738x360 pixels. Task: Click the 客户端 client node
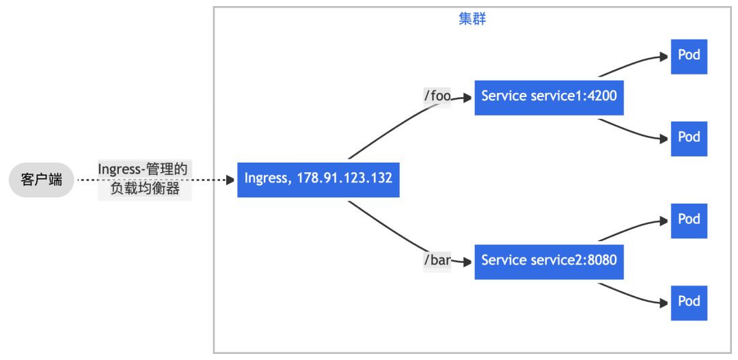41,180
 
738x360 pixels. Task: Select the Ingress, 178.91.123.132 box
318,179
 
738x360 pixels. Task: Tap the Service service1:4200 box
549,96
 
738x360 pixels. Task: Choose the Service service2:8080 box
549,261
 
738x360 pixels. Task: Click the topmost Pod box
689,56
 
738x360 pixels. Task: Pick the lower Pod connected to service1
689,138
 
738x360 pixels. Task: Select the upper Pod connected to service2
689,220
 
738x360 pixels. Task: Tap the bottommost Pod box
689,302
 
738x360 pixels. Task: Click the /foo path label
437,96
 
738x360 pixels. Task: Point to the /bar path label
437,261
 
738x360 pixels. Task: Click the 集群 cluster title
472,19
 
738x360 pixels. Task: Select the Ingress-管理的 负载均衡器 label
144,180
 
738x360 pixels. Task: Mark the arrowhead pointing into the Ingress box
231,180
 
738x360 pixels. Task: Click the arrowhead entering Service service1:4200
468,98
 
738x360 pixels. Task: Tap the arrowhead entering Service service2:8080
468,262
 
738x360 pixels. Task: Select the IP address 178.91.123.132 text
344,179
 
